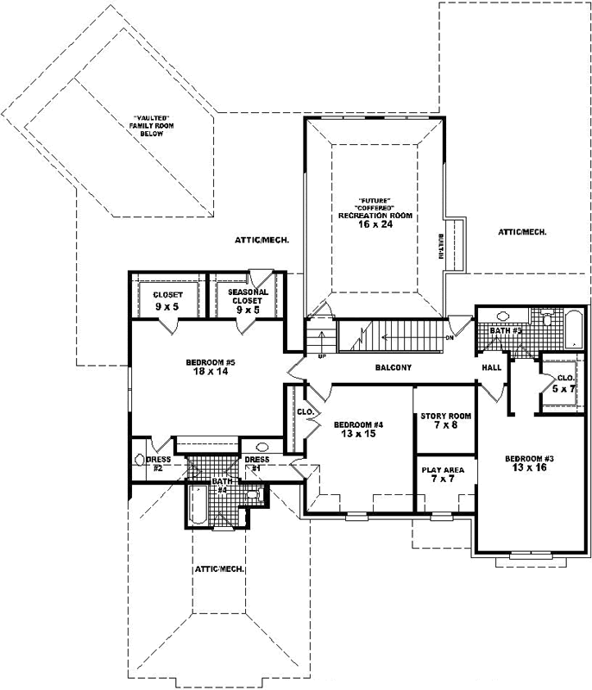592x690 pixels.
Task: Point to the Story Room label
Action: pos(445,417)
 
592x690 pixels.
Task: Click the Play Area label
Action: pos(443,470)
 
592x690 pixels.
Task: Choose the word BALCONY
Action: pos(393,368)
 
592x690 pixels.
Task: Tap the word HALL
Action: pos(492,368)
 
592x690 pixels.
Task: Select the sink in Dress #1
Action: pos(265,448)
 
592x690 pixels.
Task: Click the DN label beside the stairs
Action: pos(450,338)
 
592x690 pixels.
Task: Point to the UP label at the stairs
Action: pos(322,354)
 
